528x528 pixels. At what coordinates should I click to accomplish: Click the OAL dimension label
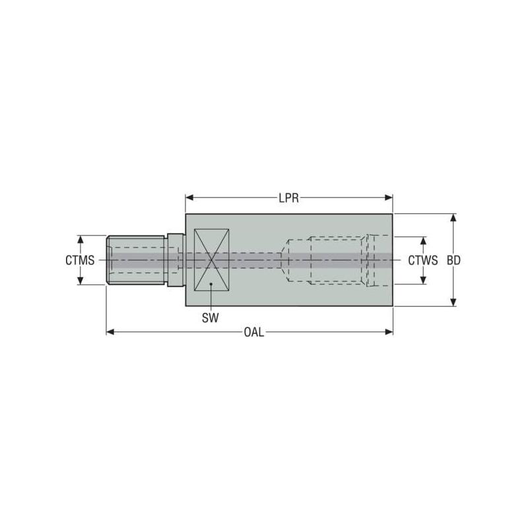click(x=253, y=332)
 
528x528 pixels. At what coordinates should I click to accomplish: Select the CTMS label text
click(x=80, y=260)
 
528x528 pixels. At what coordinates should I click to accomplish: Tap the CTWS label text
click(x=422, y=260)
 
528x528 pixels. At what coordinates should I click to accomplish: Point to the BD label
click(x=453, y=260)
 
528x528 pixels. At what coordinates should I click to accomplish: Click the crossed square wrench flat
click(x=211, y=260)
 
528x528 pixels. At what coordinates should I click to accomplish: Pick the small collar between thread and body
click(x=174, y=260)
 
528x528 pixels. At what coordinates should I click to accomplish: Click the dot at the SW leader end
click(x=211, y=284)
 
